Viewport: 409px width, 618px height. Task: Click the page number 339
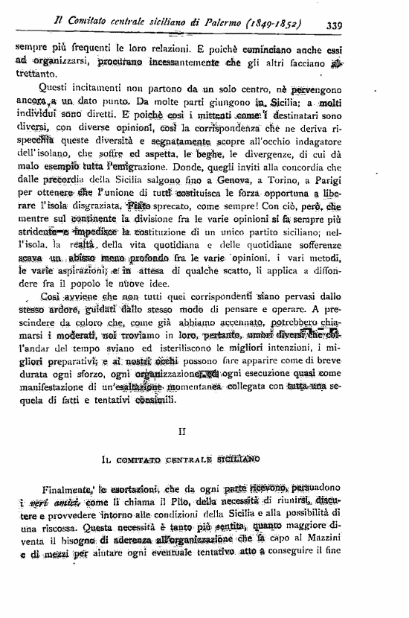(x=333, y=25)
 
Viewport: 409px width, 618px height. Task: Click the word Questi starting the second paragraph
(x=47, y=89)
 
